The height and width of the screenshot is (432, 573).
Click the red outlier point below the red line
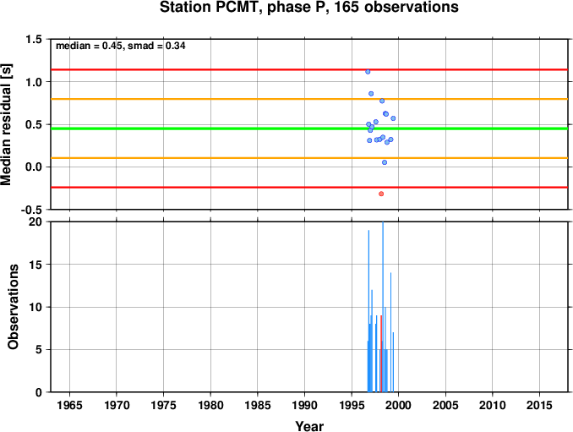(x=381, y=194)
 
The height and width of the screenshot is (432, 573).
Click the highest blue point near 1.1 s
(x=368, y=72)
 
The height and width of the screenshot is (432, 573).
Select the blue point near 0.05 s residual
(x=385, y=162)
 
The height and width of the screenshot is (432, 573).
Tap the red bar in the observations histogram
(x=381, y=353)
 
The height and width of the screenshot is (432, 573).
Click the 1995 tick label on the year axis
(x=352, y=405)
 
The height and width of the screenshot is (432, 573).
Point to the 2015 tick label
(x=539, y=405)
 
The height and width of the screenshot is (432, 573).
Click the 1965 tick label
(x=69, y=405)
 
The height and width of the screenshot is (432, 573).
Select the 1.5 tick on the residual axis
(x=34, y=39)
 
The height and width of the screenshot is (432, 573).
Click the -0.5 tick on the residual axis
(x=31, y=210)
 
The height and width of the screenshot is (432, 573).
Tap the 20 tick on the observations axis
(x=35, y=221)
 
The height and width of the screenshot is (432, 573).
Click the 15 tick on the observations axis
(x=35, y=265)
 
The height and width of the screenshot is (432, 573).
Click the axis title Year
(x=309, y=426)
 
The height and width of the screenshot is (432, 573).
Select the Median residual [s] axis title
(x=6, y=124)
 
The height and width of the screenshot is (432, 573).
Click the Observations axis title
(x=13, y=307)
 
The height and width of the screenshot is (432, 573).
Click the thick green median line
(x=309, y=129)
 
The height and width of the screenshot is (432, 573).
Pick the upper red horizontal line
(x=309, y=69)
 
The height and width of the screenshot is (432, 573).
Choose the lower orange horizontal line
(x=309, y=158)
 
